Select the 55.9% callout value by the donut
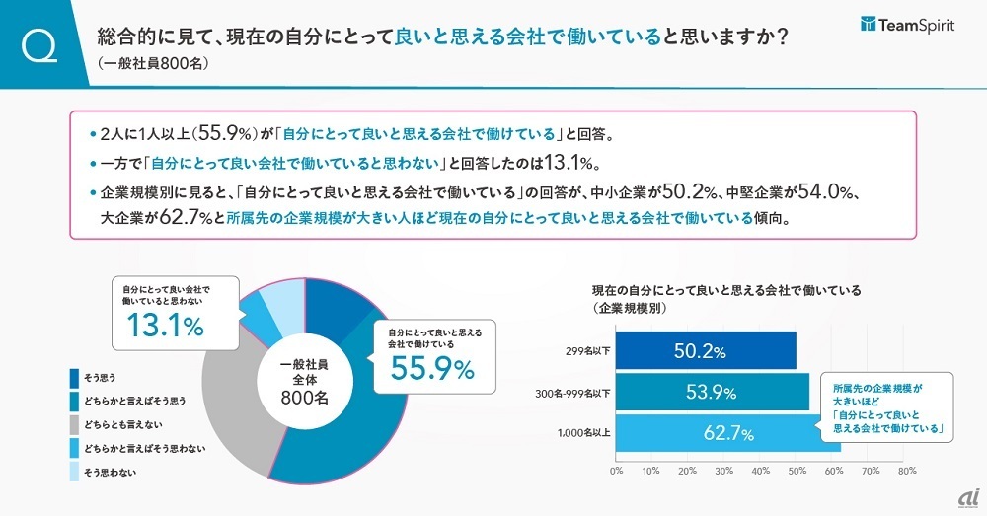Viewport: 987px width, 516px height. coord(431,368)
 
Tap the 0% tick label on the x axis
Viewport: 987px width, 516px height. coord(617,472)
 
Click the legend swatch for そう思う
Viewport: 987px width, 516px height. coord(75,378)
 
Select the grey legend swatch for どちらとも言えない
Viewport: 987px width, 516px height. coord(75,425)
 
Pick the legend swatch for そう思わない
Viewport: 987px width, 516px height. coord(75,473)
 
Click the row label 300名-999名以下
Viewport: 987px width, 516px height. coord(570,394)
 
